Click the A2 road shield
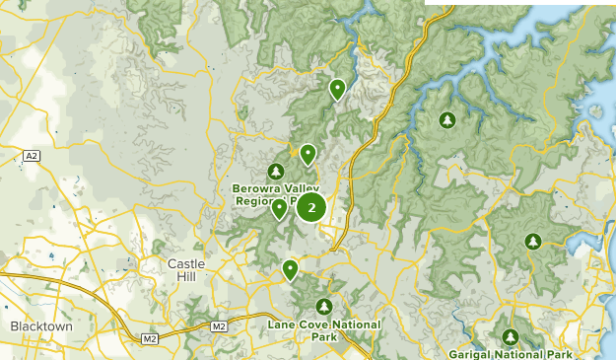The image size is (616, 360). (33, 156)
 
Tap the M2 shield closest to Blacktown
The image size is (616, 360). (149, 339)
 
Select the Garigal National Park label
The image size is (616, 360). (510, 353)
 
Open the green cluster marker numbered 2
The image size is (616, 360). (311, 208)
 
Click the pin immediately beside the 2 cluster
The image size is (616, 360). (280, 207)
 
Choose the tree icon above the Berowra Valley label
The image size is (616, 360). (276, 172)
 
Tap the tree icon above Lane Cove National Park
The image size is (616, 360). (323, 307)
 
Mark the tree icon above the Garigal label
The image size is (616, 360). (510, 336)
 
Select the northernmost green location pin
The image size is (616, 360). (337, 89)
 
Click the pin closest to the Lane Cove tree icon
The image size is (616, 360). (290, 268)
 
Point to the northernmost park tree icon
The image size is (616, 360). (447, 120)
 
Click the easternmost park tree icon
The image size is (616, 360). (533, 241)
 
